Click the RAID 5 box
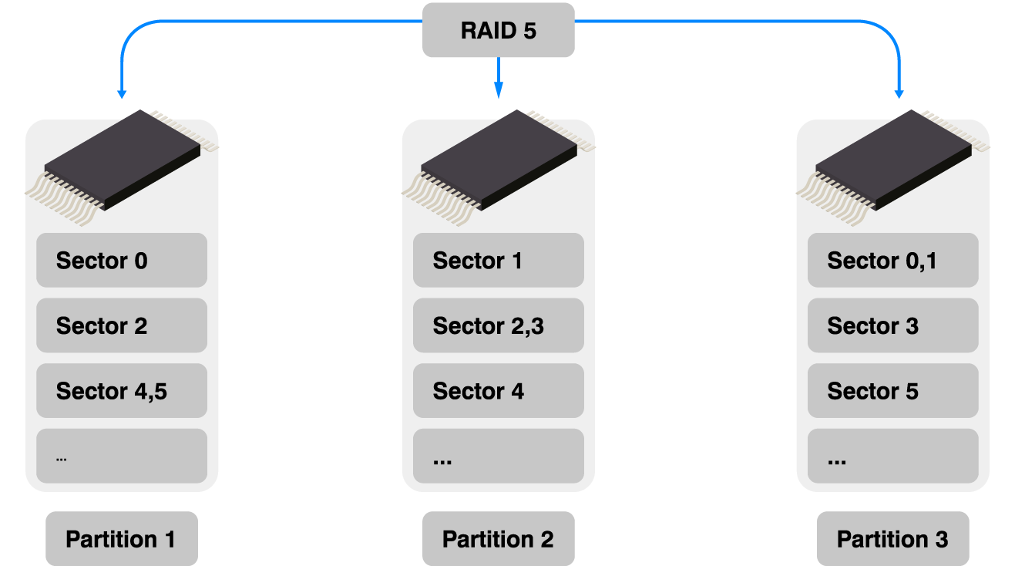[x=498, y=30]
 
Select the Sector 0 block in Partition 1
[x=122, y=261]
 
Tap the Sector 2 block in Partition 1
[x=122, y=325]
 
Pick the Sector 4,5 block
[x=122, y=391]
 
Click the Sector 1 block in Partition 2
[x=498, y=261]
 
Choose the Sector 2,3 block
[x=498, y=325]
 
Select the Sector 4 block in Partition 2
[x=498, y=391]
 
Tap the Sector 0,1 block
[x=892, y=261]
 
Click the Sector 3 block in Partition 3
[x=892, y=325]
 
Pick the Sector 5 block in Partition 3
[x=892, y=391]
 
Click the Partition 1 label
[x=121, y=539]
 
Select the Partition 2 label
[x=498, y=539]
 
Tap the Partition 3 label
[x=892, y=539]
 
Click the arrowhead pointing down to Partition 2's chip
[x=499, y=92]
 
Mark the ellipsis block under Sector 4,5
[x=122, y=456]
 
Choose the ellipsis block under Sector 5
[x=892, y=456]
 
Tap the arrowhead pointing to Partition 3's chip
[x=899, y=92]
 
